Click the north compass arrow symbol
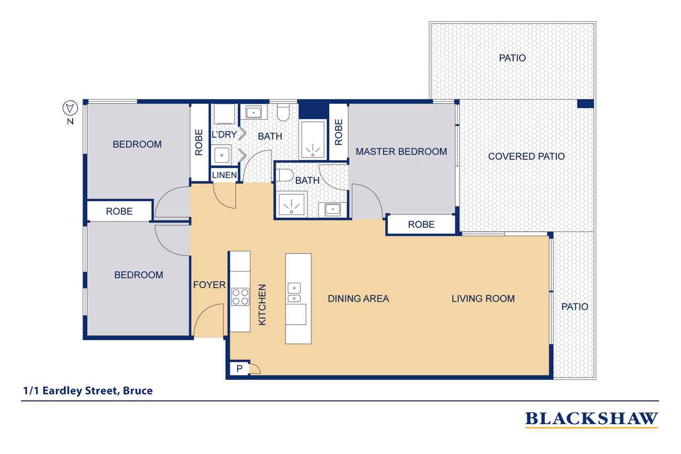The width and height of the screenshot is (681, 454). [x=70, y=108]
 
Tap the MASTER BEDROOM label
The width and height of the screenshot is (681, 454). [x=401, y=152]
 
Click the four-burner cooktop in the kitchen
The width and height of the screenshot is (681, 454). [x=240, y=297]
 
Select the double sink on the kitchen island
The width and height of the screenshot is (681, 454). [x=294, y=292]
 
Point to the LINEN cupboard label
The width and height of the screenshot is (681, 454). [x=225, y=175]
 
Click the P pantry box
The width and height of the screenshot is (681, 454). [x=239, y=369]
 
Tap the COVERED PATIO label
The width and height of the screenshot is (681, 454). [x=526, y=156]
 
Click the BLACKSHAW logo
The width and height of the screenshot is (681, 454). [x=591, y=419]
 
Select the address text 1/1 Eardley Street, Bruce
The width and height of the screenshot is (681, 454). [x=88, y=391]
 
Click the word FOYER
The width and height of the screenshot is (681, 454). [x=210, y=285]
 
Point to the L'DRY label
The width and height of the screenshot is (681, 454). [x=224, y=134]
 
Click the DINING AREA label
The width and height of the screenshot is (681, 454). [x=359, y=299]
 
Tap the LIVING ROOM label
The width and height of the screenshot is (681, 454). [x=483, y=299]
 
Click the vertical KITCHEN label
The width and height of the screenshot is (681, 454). [x=262, y=304]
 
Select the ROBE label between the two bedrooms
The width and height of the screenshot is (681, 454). [x=119, y=211]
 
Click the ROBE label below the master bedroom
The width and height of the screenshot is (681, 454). [x=421, y=225]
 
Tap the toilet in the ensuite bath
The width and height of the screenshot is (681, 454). [x=284, y=176]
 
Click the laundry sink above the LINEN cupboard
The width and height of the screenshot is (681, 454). [x=222, y=155]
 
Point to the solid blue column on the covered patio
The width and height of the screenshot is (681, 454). [x=585, y=104]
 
